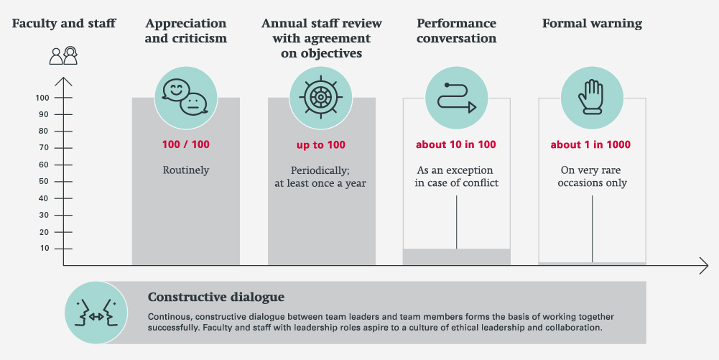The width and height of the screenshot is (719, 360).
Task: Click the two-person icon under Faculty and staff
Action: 63,56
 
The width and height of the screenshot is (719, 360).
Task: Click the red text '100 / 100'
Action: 185,144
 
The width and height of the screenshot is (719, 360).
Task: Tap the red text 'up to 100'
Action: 321,144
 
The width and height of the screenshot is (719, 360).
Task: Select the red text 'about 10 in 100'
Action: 456,144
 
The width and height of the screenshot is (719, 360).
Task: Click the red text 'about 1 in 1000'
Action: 590,144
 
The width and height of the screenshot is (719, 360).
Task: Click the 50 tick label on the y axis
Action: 45,181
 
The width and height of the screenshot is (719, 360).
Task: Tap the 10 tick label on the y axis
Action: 45,248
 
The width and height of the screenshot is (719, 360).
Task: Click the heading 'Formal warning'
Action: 592,24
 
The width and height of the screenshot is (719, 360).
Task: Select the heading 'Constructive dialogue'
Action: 215,297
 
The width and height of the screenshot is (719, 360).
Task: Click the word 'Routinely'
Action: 185,171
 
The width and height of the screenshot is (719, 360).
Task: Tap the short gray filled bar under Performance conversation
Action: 456,257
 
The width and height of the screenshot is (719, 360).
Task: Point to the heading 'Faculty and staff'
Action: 63,24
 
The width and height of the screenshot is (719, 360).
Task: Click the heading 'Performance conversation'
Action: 456,30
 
